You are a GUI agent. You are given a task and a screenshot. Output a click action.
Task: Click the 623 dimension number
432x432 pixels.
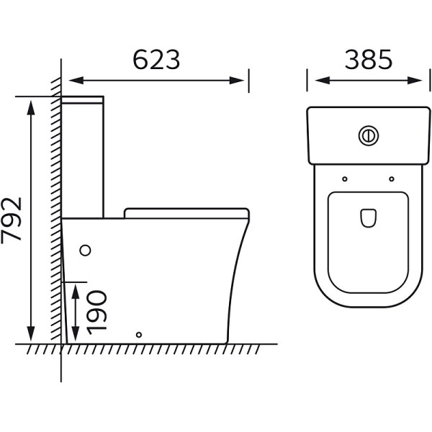(156, 60)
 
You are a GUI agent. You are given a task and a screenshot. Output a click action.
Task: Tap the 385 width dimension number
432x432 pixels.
(369, 59)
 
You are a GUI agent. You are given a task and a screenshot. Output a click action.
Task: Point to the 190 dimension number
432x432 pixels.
(96, 312)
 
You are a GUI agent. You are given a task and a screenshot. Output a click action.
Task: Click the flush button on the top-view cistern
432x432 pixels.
(369, 135)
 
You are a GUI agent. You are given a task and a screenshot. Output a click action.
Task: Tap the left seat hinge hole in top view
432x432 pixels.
(345, 179)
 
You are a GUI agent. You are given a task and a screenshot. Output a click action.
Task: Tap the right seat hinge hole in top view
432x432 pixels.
(392, 179)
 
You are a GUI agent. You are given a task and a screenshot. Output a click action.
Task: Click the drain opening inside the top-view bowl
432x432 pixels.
(369, 218)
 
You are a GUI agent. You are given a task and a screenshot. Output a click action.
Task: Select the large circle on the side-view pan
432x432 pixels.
(85, 251)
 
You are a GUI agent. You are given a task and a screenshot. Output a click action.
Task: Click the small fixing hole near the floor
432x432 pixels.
(139, 335)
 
